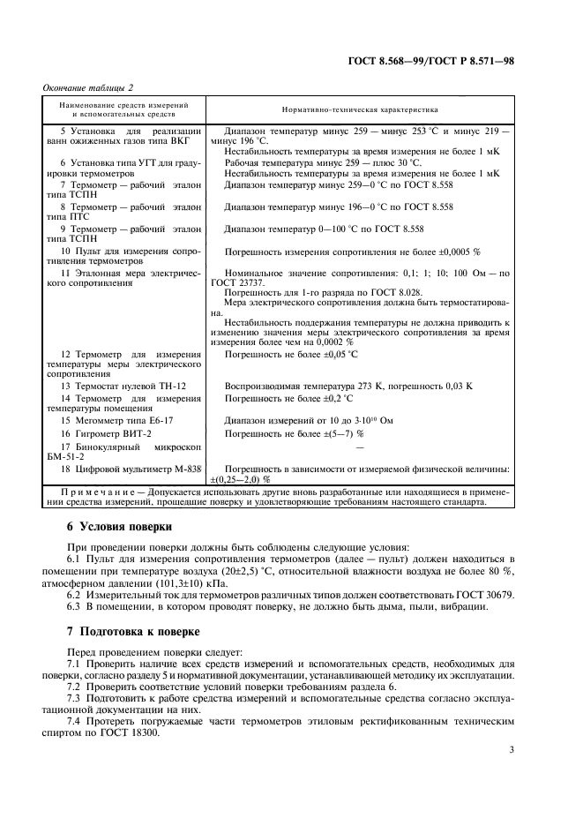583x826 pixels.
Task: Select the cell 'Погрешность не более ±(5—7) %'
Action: point(295,434)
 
